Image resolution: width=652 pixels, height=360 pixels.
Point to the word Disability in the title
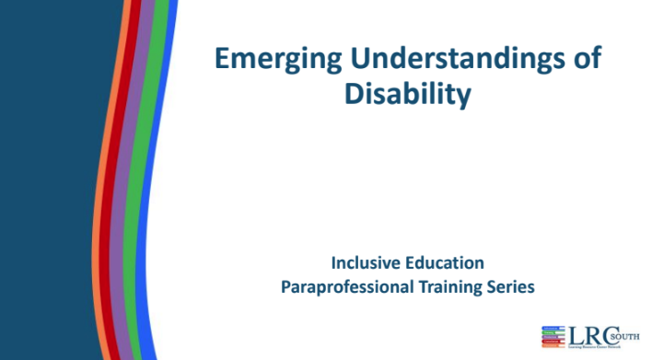point(407,93)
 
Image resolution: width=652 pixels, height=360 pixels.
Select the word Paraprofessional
point(347,286)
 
